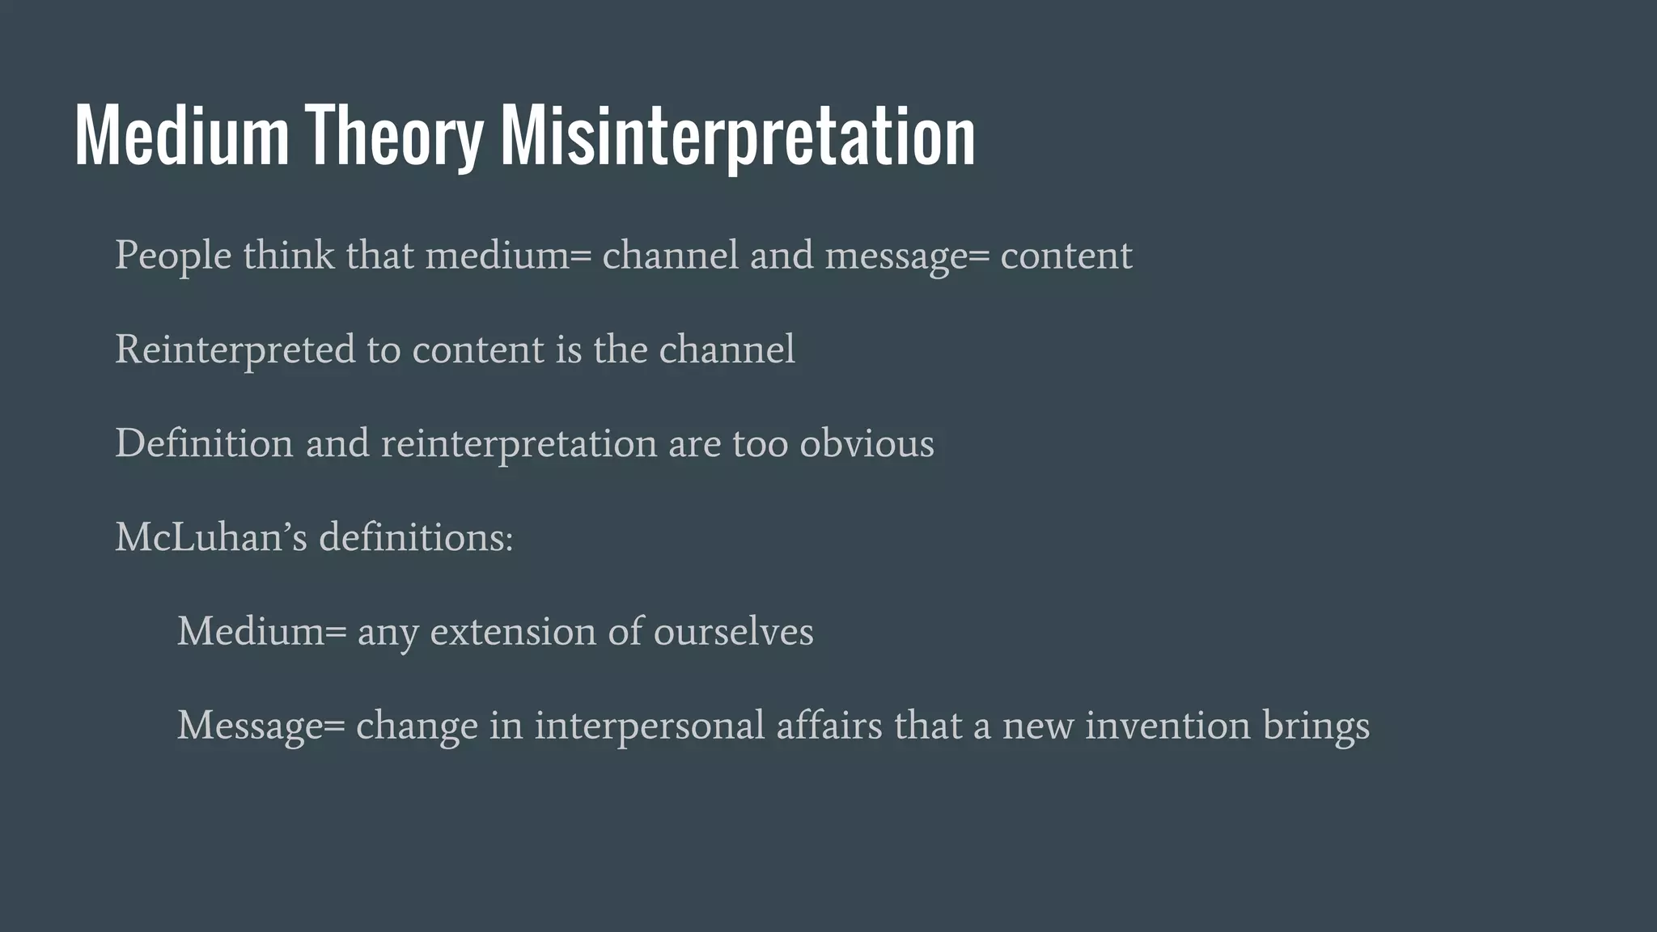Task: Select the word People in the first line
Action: click(x=173, y=256)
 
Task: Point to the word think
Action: click(x=288, y=255)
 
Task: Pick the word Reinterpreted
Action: click(x=235, y=350)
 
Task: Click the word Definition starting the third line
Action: click(x=204, y=443)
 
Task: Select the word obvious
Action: click(x=867, y=443)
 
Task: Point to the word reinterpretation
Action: click(x=519, y=444)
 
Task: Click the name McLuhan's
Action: click(x=211, y=537)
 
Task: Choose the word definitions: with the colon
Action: click(x=416, y=537)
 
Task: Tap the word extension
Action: click(x=513, y=631)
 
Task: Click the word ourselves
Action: click(x=733, y=631)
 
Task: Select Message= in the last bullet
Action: click(x=261, y=726)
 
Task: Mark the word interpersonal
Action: click(x=649, y=726)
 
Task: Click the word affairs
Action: click(x=829, y=725)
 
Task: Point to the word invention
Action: click(x=1168, y=725)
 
